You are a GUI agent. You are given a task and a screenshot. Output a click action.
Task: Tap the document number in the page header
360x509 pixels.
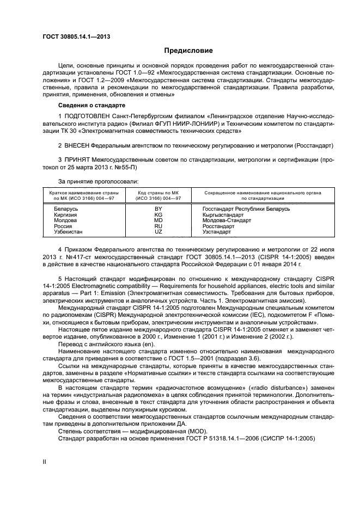tap(76, 36)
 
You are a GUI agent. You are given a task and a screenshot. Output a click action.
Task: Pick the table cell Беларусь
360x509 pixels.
tap(66, 208)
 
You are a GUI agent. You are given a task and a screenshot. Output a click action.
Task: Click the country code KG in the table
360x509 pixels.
tap(158, 214)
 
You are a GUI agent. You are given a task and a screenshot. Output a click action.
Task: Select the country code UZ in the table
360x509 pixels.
tap(158, 231)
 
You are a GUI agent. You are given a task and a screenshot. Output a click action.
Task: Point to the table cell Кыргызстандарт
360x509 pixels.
tap(223, 214)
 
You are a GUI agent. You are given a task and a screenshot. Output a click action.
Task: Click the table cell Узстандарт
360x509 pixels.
tap(217, 231)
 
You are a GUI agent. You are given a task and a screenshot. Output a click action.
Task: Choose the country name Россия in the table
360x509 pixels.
tap(63, 226)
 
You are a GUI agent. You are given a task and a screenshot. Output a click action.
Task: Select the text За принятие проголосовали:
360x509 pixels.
tap(98, 181)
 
